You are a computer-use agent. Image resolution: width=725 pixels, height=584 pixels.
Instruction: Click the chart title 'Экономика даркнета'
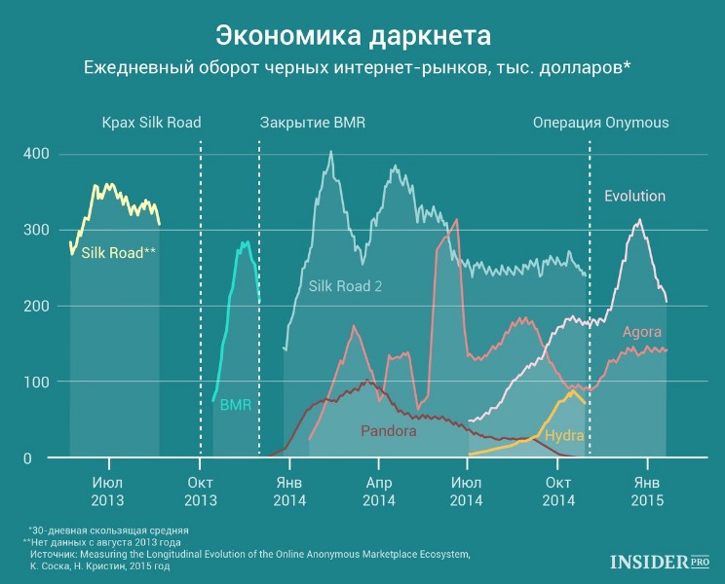point(354,36)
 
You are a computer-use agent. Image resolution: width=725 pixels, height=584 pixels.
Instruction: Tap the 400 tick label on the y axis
point(36,154)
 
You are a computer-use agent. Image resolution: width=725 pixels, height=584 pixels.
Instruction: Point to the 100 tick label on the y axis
point(36,382)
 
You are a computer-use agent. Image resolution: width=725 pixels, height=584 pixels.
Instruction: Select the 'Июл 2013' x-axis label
point(108,492)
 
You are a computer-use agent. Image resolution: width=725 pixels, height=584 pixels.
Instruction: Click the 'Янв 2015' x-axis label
point(647,492)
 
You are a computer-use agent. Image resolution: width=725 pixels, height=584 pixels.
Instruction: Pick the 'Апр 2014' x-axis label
point(379,492)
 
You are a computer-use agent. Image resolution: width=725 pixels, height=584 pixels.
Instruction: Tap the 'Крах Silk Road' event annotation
point(152,123)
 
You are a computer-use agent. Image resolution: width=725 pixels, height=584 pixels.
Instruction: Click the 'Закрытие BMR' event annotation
point(313,123)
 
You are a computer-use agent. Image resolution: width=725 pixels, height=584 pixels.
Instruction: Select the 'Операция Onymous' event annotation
point(601,123)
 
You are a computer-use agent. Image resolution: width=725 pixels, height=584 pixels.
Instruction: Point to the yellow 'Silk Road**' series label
point(118,252)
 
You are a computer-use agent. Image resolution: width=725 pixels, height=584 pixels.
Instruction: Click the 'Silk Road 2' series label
point(345,286)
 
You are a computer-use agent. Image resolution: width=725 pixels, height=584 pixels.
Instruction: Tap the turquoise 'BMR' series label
point(236,405)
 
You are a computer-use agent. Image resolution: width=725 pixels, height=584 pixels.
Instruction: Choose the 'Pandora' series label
point(389,431)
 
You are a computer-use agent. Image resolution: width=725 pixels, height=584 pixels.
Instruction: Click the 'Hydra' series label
point(564,435)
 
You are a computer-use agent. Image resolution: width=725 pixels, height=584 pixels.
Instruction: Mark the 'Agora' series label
point(642,332)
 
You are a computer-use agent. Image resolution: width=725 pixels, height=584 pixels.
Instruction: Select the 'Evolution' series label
point(634,196)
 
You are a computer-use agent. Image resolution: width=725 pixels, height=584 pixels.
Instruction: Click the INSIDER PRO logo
point(660,562)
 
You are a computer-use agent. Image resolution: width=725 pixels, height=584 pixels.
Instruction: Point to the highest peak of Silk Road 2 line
point(330,151)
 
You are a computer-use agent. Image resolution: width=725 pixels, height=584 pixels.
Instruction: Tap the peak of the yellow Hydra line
point(573,391)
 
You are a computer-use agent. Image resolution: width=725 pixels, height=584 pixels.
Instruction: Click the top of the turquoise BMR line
point(248,241)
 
